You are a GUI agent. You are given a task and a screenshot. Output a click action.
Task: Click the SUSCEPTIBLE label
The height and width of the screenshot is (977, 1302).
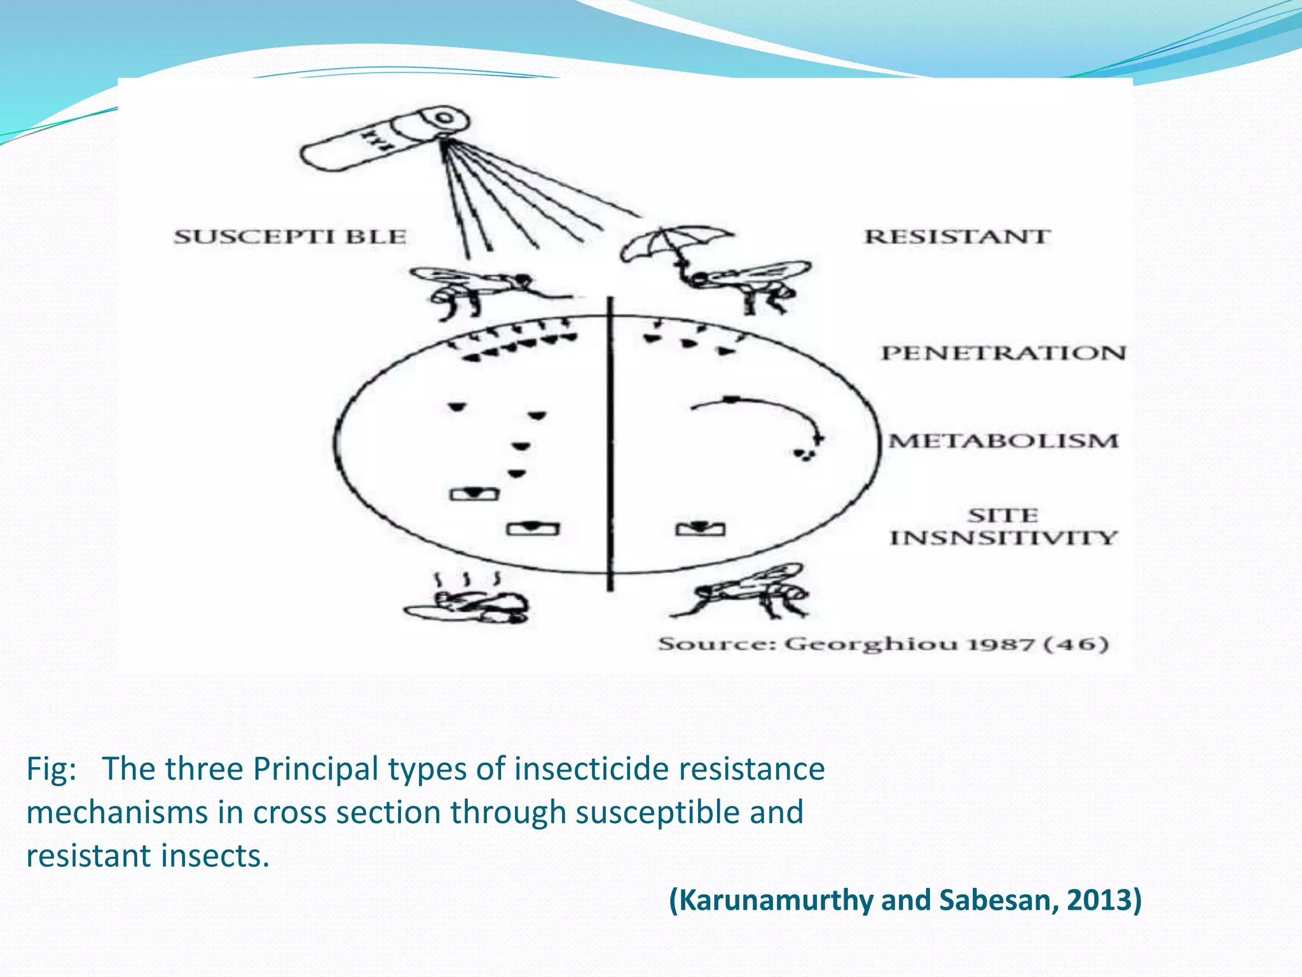point(290,237)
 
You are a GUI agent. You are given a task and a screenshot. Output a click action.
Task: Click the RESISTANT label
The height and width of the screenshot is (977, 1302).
point(957,237)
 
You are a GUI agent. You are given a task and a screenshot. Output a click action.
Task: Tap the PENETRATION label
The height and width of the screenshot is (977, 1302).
point(1003,353)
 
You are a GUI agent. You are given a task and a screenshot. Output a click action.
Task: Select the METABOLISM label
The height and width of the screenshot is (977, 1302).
point(1003,441)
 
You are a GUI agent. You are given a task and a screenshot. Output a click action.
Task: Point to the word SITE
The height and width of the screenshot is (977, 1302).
point(1003,515)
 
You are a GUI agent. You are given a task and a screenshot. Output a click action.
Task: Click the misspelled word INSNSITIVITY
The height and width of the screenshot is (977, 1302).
point(1003,538)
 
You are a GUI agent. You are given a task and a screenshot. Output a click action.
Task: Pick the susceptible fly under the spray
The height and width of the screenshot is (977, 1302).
point(483,286)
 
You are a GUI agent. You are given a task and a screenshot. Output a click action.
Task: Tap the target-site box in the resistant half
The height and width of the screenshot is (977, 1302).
point(700,529)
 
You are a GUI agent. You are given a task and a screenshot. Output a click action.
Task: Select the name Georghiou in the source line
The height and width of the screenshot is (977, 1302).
point(870,644)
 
